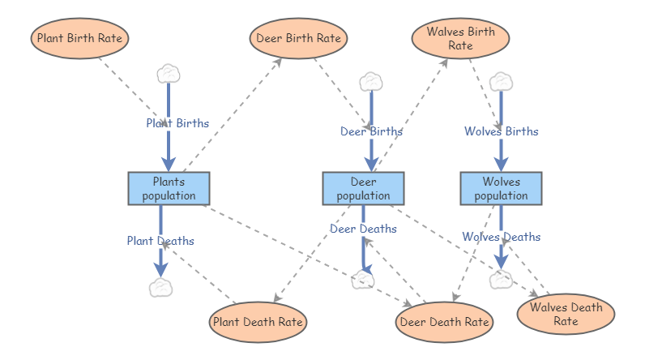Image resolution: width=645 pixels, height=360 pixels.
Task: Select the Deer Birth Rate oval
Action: tap(298, 38)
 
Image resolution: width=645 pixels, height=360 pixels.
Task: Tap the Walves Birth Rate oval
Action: tap(460, 38)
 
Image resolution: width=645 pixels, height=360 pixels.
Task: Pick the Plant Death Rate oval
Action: tap(258, 322)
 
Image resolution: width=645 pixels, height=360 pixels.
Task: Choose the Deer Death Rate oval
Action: tap(444, 322)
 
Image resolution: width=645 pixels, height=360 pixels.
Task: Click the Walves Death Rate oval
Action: tap(566, 314)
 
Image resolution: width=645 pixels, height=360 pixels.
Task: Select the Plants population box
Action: tap(169, 188)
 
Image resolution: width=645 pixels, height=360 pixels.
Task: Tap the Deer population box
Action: tap(363, 188)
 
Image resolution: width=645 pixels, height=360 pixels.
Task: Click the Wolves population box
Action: tap(501, 188)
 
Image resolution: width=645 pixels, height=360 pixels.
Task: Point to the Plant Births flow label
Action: tap(177, 123)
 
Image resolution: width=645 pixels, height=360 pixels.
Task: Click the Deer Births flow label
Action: tap(371, 131)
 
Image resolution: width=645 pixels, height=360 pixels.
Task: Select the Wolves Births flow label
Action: tap(501, 131)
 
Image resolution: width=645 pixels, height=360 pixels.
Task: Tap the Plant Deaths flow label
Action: tap(160, 240)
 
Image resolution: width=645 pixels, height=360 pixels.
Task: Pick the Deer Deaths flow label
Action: tap(363, 228)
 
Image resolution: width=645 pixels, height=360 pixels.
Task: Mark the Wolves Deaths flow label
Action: tap(501, 237)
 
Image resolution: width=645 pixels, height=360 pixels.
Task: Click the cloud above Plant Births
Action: tap(168, 74)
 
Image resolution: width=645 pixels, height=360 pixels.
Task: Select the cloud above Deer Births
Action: tap(370, 81)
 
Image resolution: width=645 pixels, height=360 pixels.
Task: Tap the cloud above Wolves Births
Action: tap(501, 81)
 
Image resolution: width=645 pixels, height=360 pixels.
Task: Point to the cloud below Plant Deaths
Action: tap(161, 287)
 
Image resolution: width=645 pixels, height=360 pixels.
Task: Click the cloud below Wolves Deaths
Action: tap(501, 281)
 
